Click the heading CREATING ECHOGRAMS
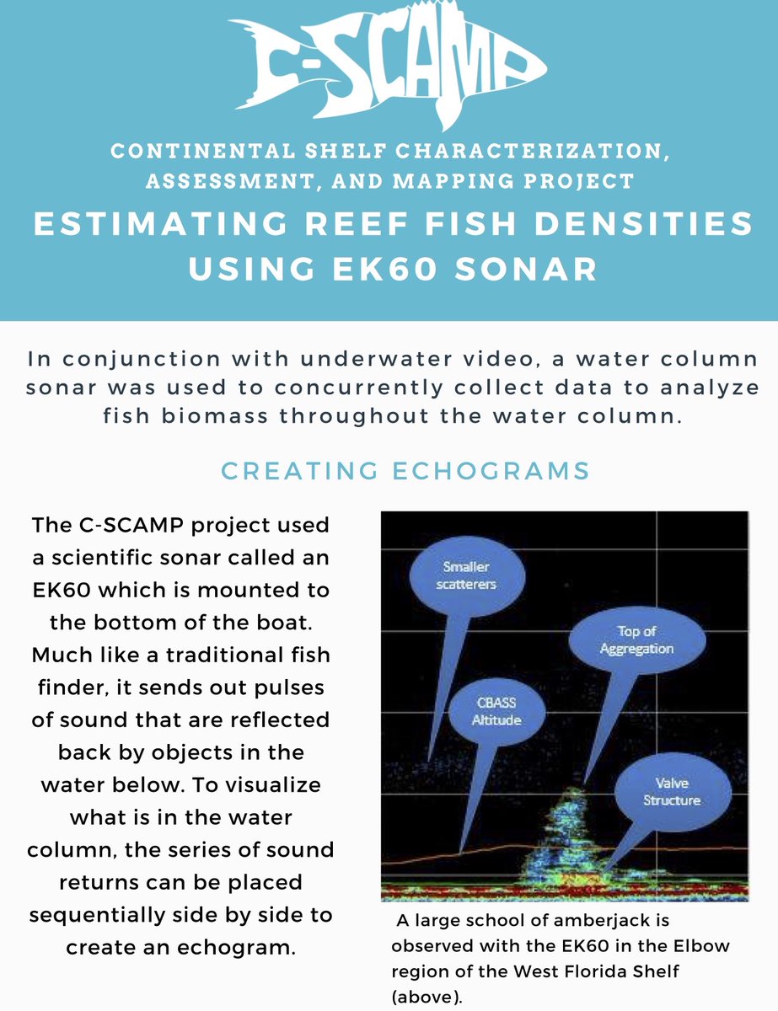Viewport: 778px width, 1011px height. coord(404,470)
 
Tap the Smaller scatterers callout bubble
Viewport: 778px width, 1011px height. coord(465,575)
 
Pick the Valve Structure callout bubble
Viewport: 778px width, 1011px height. coord(671,791)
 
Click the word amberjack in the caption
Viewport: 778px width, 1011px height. coord(620,921)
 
